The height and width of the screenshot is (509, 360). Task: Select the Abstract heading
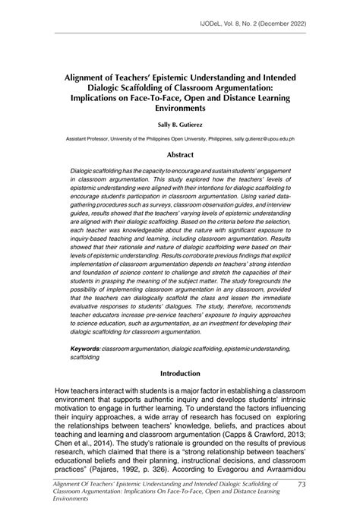[179, 153]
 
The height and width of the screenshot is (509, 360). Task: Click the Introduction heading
[179, 374]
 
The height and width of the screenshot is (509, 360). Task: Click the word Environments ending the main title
[179, 109]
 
